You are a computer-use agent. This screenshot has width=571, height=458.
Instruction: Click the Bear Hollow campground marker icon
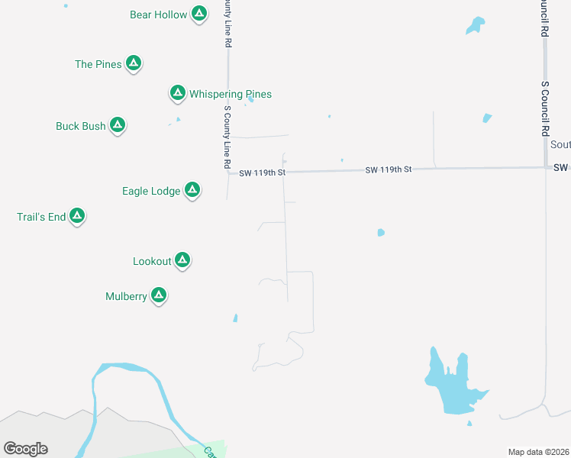pos(198,14)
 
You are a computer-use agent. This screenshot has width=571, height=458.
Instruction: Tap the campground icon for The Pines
pos(133,63)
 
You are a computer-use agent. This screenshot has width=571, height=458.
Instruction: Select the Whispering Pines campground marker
pos(177,93)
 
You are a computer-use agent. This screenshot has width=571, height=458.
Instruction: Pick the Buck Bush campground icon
pos(117,125)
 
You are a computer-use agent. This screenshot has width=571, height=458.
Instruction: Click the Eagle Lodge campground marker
pos(192,190)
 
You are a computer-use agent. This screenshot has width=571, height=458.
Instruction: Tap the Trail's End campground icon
pos(76,216)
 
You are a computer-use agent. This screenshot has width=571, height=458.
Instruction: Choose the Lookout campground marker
pos(182,260)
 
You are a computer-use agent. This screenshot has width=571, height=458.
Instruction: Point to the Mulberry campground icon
pos(158,295)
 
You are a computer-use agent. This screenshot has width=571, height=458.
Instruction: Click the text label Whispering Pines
pos(231,94)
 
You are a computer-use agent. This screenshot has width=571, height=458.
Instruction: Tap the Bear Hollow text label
pos(158,15)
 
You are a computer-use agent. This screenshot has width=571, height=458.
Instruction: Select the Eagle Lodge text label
pos(151,191)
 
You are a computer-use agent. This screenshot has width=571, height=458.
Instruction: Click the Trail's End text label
pos(41,217)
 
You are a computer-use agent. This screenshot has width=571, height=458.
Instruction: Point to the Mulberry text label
pos(126,296)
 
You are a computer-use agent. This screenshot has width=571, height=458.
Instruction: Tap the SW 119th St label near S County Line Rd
pos(262,173)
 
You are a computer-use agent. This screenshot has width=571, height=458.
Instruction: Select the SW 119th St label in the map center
pos(388,169)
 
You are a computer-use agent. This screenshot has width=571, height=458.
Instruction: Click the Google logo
pos(26,448)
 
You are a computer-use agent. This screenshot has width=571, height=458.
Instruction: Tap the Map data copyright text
pos(537,452)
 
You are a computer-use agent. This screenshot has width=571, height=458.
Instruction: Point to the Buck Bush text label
pos(81,126)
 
